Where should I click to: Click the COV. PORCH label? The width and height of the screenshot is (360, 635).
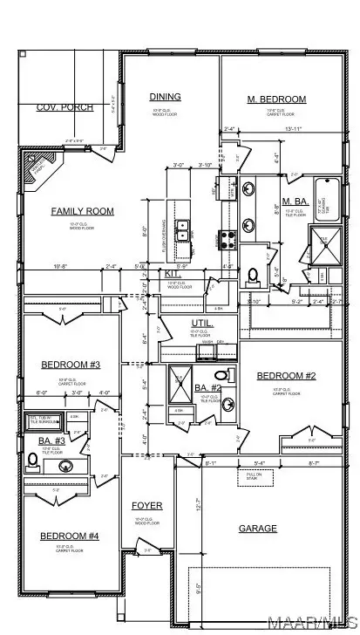pos(58,107)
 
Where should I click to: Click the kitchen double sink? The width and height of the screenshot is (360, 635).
pos(185,229)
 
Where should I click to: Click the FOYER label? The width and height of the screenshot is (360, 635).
pos(146,506)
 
